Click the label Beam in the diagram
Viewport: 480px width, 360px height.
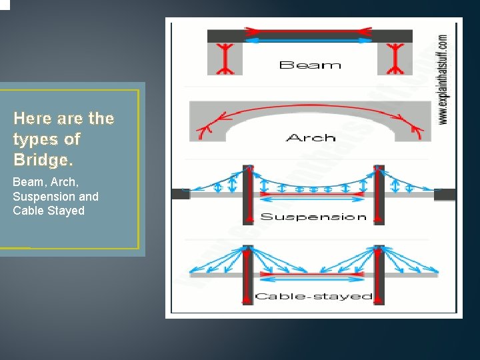coord(310,65)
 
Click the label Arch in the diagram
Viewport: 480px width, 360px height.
coord(310,138)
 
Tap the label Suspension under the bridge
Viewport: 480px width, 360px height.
coord(313,217)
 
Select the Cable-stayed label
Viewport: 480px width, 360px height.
coord(313,296)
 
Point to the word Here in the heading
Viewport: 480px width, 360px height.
coord(32,119)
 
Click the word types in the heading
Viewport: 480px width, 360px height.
coord(35,140)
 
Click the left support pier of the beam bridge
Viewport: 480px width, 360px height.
coord(225,59)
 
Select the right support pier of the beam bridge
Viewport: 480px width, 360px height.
coord(395,59)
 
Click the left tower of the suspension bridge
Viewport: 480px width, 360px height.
coord(247,195)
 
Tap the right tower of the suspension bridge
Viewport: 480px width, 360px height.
coord(379,195)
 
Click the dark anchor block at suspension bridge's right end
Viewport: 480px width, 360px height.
coord(445,194)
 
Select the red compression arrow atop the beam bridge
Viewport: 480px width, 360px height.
coord(309,31)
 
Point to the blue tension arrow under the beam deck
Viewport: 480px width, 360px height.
coord(309,41)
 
